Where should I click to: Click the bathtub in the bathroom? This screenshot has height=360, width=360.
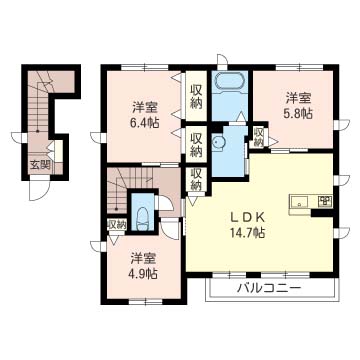tap(230, 81)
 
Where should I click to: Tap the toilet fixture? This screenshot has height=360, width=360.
tap(143, 218)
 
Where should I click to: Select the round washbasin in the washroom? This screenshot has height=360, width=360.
tap(219, 144)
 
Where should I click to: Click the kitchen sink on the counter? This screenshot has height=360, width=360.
tap(300, 202)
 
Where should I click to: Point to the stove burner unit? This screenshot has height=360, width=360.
tap(324, 201)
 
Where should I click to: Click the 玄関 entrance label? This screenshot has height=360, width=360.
tap(40, 165)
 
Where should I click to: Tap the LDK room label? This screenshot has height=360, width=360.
tap(248, 218)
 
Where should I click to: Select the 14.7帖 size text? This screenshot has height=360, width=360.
tap(248, 232)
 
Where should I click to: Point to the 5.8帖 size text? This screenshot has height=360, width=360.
tap(298, 114)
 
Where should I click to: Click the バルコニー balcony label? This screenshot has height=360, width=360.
tap(269, 287)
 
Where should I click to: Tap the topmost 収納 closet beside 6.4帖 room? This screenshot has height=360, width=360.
tap(196, 97)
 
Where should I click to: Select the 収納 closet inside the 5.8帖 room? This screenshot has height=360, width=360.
tap(258, 137)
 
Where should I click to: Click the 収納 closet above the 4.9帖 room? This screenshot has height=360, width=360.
tap(117, 224)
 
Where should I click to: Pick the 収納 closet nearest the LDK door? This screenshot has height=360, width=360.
tap(196, 180)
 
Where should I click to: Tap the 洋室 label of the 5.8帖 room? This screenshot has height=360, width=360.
tap(298, 98)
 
